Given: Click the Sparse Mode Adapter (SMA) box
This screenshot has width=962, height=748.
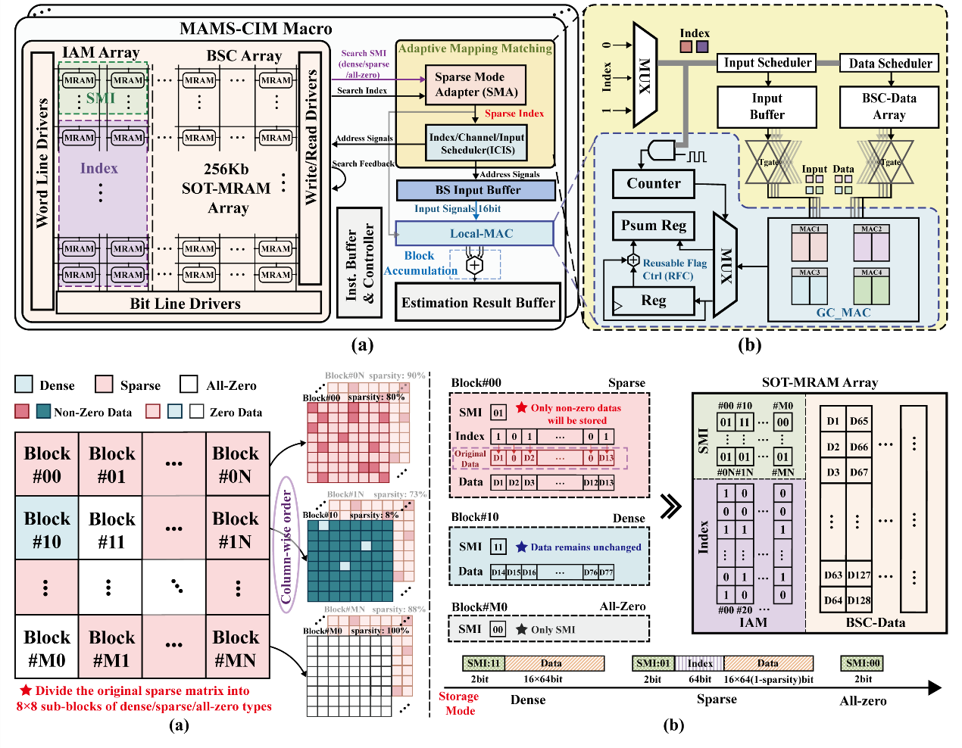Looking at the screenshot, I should [x=476, y=85].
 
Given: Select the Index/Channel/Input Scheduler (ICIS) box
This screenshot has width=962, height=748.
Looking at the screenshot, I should [x=476, y=143].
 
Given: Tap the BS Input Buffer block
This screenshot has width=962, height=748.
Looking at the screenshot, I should [x=476, y=190].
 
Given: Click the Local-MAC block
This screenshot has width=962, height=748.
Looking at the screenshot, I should [x=475, y=233].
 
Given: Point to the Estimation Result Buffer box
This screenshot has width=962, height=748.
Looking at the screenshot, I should [x=478, y=303].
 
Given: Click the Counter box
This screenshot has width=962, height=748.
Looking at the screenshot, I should [x=653, y=183].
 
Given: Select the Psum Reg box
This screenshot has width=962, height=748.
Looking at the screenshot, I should [x=653, y=226].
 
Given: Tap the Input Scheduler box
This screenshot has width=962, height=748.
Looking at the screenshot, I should [x=767, y=63].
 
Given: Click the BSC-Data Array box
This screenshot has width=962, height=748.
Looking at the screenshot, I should [x=889, y=107].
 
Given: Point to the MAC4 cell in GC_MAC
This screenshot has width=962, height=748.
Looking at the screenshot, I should [x=871, y=287].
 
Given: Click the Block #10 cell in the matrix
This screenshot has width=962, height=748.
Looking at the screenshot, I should [x=47, y=529].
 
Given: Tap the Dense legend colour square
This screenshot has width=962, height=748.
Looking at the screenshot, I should [x=23, y=385].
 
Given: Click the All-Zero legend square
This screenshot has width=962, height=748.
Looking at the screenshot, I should [x=189, y=385].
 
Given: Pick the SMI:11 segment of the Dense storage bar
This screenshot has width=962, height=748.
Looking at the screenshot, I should [x=483, y=663].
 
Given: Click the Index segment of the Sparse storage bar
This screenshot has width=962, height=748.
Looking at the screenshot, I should [x=699, y=663].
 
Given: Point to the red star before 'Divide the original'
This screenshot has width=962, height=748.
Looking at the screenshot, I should [x=26, y=690].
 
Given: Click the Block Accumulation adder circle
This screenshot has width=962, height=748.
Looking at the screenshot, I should [x=474, y=265].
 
